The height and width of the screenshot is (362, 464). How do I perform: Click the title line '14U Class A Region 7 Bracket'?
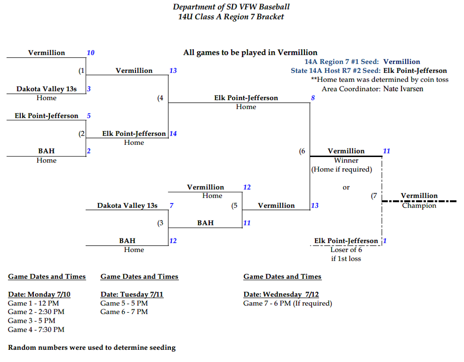point(231,17)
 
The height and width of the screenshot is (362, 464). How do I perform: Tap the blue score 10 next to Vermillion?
point(91,53)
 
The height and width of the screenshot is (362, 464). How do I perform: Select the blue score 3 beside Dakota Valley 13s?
point(89,89)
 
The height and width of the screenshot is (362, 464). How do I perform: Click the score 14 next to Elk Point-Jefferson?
point(173,133)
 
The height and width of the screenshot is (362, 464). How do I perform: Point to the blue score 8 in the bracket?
point(313,98)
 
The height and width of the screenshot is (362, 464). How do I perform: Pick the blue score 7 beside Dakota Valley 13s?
point(171,205)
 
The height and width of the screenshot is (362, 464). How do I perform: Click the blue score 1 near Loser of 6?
point(385,241)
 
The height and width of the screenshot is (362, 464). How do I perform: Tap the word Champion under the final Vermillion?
point(419,205)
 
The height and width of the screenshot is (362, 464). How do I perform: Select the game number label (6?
point(302,152)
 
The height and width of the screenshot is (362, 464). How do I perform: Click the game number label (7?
point(374,196)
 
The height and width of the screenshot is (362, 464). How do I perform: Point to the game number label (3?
point(160,223)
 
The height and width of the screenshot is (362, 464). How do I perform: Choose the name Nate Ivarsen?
point(403,89)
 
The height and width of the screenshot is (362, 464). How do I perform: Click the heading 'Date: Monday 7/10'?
point(39,295)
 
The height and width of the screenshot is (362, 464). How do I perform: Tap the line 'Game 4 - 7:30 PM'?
point(36,329)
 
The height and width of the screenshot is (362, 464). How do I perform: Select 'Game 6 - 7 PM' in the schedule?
point(124,312)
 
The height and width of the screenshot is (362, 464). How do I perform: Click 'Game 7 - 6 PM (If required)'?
point(287,303)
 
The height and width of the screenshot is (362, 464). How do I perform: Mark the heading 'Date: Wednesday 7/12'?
point(281,295)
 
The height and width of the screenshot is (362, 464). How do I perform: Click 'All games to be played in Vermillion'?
point(250,52)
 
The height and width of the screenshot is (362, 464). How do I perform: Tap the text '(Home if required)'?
point(341,170)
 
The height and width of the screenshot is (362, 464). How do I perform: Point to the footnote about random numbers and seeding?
point(92,348)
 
